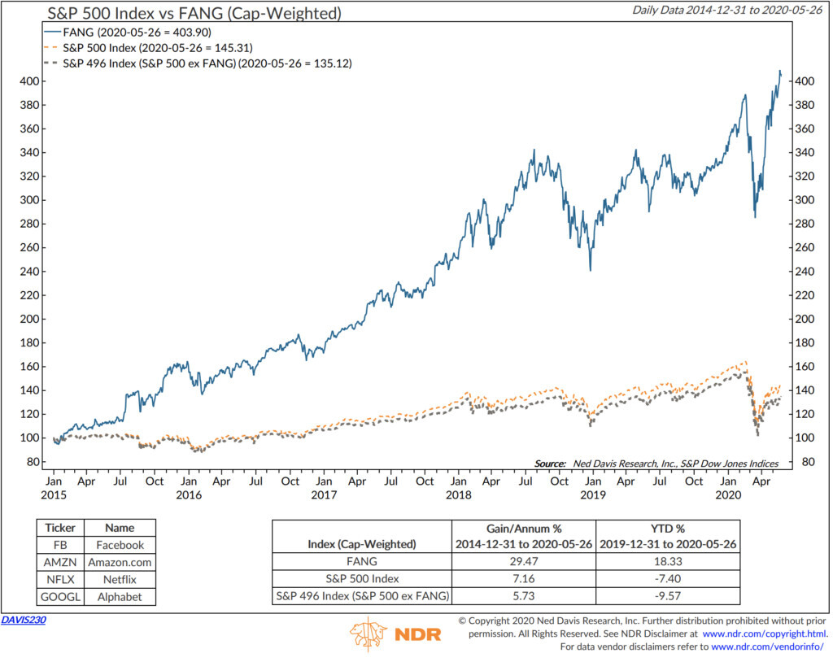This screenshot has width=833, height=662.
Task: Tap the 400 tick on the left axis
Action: [30, 81]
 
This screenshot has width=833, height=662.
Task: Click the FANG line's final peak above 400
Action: [780, 72]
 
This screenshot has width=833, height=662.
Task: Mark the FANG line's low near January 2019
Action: [590, 270]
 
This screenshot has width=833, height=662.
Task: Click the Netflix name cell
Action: [120, 579]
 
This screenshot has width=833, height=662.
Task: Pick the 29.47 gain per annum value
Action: [523, 561]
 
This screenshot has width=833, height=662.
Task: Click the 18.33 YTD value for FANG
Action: [667, 561]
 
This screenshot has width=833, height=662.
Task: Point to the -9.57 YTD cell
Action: [667, 596]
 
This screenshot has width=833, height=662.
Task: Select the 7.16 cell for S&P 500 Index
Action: [523, 579]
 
